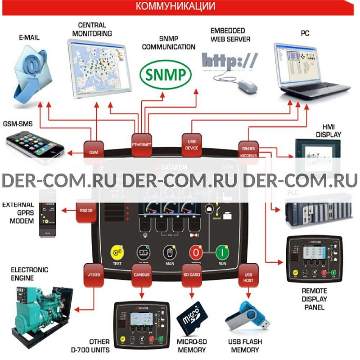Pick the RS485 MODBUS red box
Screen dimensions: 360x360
(248, 149)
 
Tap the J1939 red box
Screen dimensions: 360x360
(94, 273)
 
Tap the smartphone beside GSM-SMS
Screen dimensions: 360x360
(34, 144)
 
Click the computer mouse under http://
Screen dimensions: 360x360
(247, 85)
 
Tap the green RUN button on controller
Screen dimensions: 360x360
(222, 252)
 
